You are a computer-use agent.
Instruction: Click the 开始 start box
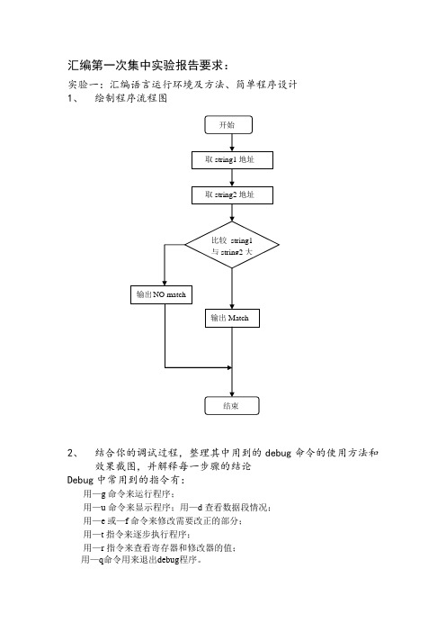[228, 125]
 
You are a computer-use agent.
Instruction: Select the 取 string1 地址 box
[232, 160]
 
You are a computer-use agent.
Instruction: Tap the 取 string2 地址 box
[232, 195]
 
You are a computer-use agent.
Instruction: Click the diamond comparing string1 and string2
[232, 245]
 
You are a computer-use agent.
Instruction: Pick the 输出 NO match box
[161, 294]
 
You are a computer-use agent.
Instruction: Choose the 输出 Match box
[232, 318]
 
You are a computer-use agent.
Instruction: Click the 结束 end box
[232, 406]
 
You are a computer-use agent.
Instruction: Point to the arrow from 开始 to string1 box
[232, 142]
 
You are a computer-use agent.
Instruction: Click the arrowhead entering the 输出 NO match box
[165, 283]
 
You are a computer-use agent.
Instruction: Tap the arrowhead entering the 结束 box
[232, 393]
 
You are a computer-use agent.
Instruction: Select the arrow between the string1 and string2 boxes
[232, 177]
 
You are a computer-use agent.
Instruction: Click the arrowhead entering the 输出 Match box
[232, 306]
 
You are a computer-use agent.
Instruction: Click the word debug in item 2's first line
[278, 453]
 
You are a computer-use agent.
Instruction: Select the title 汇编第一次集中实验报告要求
[149, 66]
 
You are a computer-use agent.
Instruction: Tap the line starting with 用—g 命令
[129, 494]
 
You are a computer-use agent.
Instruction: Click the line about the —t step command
[137, 535]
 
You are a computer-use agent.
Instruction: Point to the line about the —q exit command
[141, 559]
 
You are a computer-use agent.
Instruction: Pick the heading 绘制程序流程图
[131, 98]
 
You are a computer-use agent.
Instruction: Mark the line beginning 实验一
[183, 85]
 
